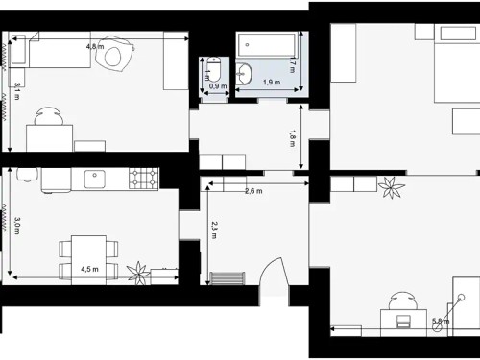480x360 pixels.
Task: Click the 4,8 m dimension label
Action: click(x=95, y=46)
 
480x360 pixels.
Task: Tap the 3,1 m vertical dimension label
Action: click(x=17, y=91)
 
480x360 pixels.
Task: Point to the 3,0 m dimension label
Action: click(x=16, y=226)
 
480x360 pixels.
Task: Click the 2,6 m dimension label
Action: click(x=253, y=191)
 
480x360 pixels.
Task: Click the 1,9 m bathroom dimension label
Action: click(x=271, y=84)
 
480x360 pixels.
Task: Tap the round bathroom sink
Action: click(x=245, y=72)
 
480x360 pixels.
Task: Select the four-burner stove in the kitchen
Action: click(x=144, y=176)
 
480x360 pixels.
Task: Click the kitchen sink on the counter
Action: click(x=95, y=176)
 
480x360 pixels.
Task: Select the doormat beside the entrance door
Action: click(x=228, y=278)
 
